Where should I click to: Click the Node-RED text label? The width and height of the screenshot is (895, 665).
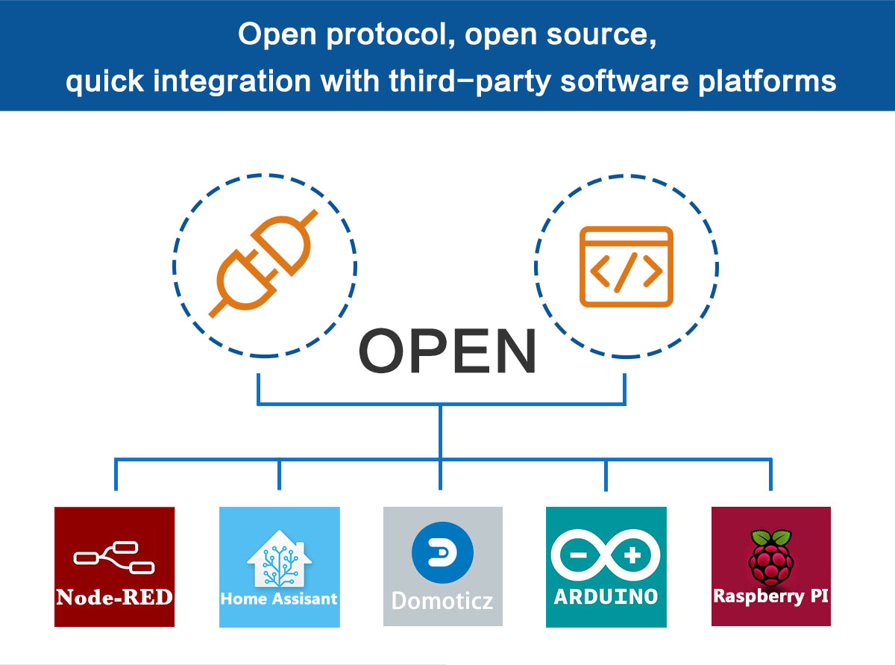114,597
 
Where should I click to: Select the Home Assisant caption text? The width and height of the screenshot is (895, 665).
279,599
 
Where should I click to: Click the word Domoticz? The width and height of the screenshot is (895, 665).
442,600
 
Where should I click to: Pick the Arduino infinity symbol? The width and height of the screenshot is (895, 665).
606,556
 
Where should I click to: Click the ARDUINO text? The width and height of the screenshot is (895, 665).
606,596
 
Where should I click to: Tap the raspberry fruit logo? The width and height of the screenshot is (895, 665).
770,556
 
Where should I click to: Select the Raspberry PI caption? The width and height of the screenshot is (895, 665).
770,597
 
